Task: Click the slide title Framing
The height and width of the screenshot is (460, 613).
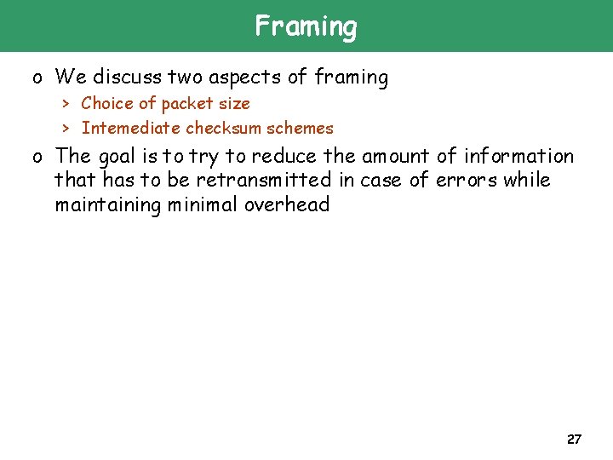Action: [x=306, y=26]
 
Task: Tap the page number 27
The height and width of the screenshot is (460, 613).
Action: [x=574, y=440]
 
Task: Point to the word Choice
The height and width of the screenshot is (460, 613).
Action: [x=106, y=104]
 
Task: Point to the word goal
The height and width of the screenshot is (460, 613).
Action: [x=117, y=157]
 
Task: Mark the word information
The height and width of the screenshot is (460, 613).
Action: [x=518, y=157]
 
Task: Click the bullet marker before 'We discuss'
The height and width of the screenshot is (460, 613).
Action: [x=37, y=78]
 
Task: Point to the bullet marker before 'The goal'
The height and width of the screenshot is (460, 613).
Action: [x=37, y=158]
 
